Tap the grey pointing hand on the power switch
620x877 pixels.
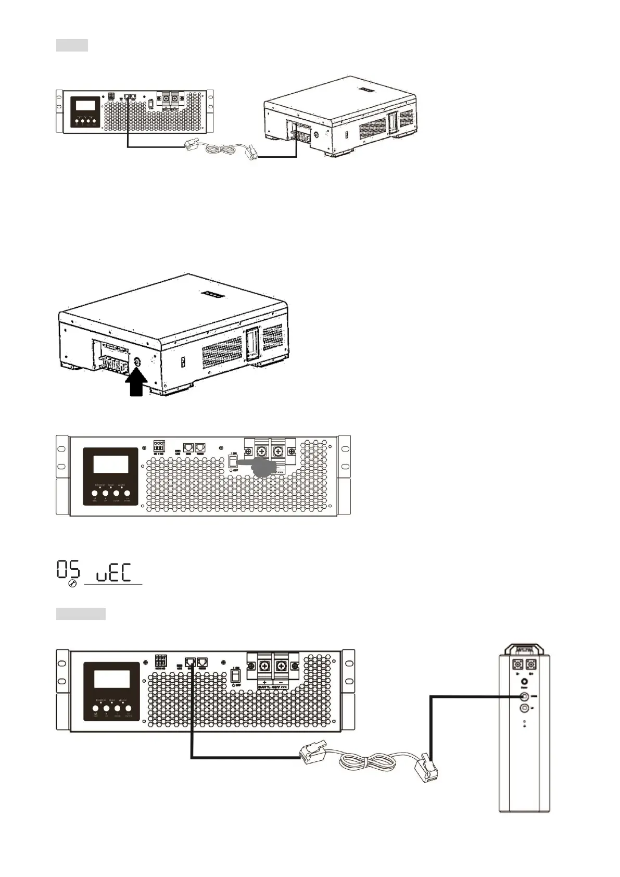tap(258, 467)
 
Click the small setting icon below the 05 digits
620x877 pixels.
tap(73, 585)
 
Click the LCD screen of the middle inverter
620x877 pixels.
tap(110, 463)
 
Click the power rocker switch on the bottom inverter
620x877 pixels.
tap(235, 676)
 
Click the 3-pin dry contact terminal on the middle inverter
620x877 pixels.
tap(159, 446)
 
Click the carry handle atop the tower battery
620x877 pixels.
tap(524, 648)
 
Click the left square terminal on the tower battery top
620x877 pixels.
tap(518, 665)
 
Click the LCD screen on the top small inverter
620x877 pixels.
tap(85, 105)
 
